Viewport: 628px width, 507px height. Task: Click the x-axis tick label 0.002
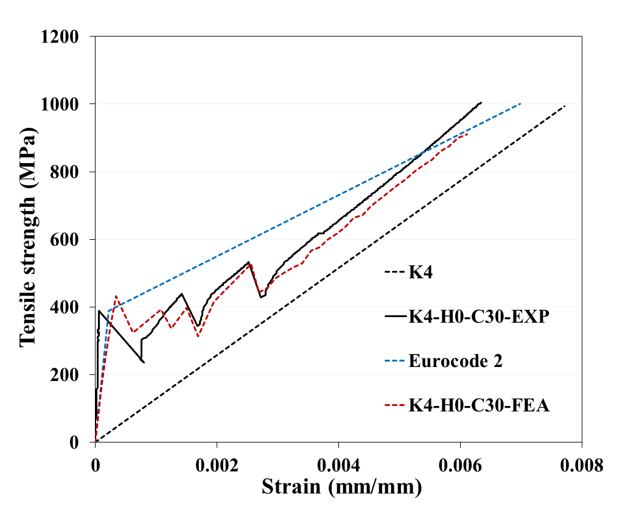pyautogui.click(x=217, y=466)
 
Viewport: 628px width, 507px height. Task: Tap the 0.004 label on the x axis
pyautogui.click(x=338, y=466)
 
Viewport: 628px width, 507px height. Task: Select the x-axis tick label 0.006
pyautogui.click(x=460, y=466)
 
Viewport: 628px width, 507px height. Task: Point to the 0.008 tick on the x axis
pyautogui.click(x=582, y=466)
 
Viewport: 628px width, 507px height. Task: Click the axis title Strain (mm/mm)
pyautogui.click(x=341, y=487)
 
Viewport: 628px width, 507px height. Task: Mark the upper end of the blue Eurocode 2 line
pyautogui.click(x=521, y=103)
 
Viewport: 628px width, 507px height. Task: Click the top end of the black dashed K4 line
pyautogui.click(x=565, y=106)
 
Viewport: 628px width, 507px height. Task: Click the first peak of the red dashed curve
pyautogui.click(x=116, y=296)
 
